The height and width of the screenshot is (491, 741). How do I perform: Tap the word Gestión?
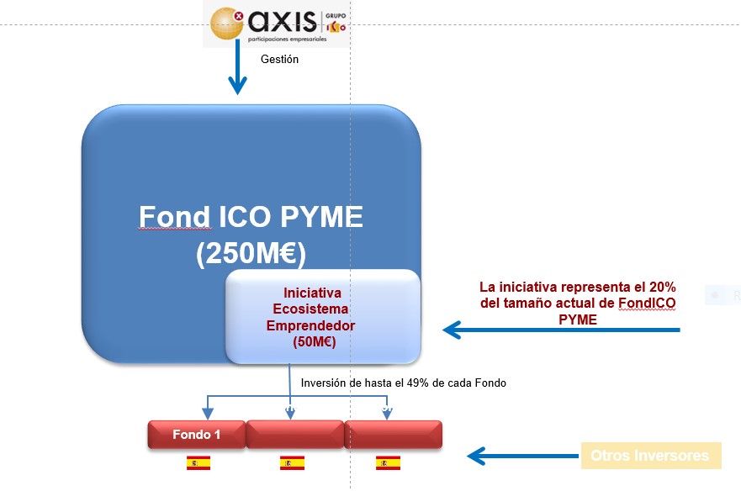click(x=279, y=60)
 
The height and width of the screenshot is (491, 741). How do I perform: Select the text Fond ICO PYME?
click(x=251, y=218)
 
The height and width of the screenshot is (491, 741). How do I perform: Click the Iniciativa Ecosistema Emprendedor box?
click(x=323, y=317)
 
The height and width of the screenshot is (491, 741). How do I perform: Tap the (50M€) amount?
click(x=313, y=342)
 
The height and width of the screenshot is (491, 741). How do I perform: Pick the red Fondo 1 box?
click(x=197, y=435)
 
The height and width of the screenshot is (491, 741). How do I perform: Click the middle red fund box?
click(x=295, y=435)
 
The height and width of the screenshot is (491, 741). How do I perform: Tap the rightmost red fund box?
click(x=393, y=435)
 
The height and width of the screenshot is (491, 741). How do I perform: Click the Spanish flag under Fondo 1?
click(x=198, y=463)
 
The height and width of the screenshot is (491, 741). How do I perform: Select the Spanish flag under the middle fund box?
click(x=292, y=463)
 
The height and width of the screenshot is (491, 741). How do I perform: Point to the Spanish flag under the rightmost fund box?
click(x=388, y=463)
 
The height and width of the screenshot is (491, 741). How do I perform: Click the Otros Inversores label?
click(x=650, y=456)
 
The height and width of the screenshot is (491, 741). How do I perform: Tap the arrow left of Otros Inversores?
click(x=521, y=457)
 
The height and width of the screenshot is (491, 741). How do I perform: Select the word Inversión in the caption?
click(x=324, y=383)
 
